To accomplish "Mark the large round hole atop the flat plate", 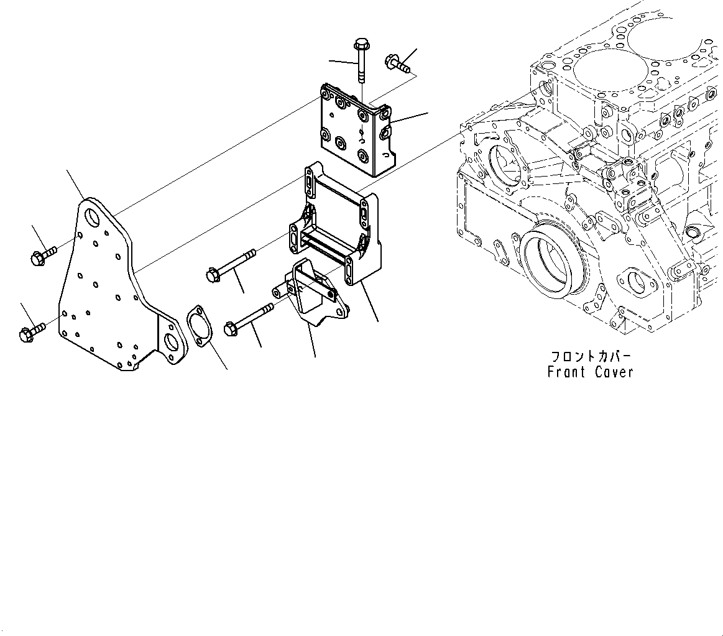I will click(x=93, y=218).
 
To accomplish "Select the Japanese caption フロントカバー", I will click(x=590, y=357).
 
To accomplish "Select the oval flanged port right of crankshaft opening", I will click(x=637, y=283).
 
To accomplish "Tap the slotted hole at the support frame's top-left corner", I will click(x=309, y=184).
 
